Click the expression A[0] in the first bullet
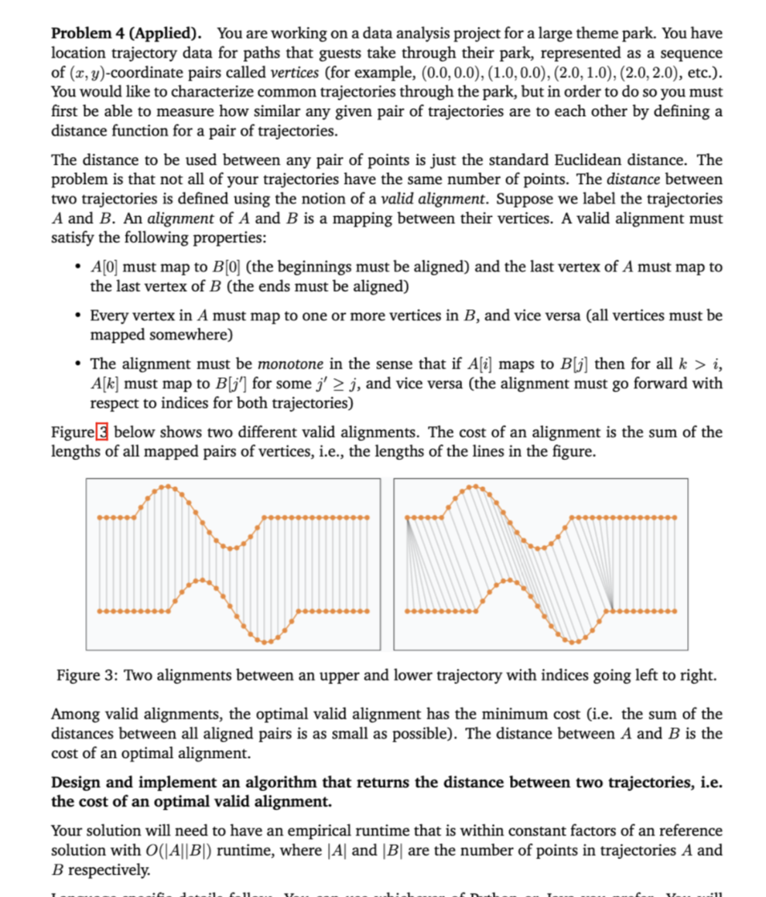click(104, 267)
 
